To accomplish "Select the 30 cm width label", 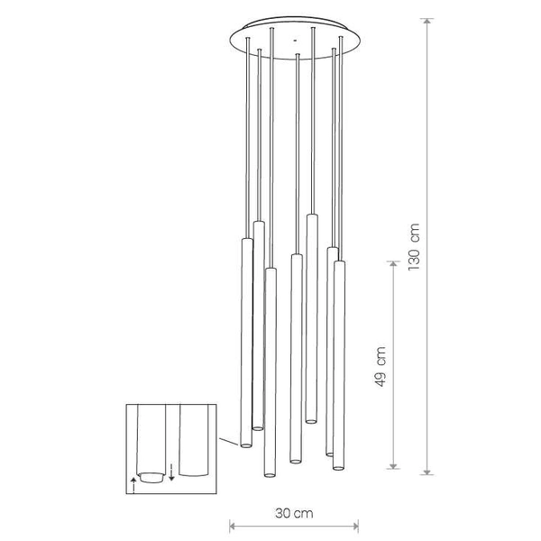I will click(x=295, y=514).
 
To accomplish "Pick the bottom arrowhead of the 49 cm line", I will click(x=393, y=466).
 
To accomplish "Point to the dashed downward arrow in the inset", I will click(x=171, y=468).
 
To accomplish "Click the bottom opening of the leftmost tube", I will click(x=244, y=445).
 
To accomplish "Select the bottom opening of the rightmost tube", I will click(x=339, y=466).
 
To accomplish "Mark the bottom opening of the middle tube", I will click(x=295, y=461).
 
